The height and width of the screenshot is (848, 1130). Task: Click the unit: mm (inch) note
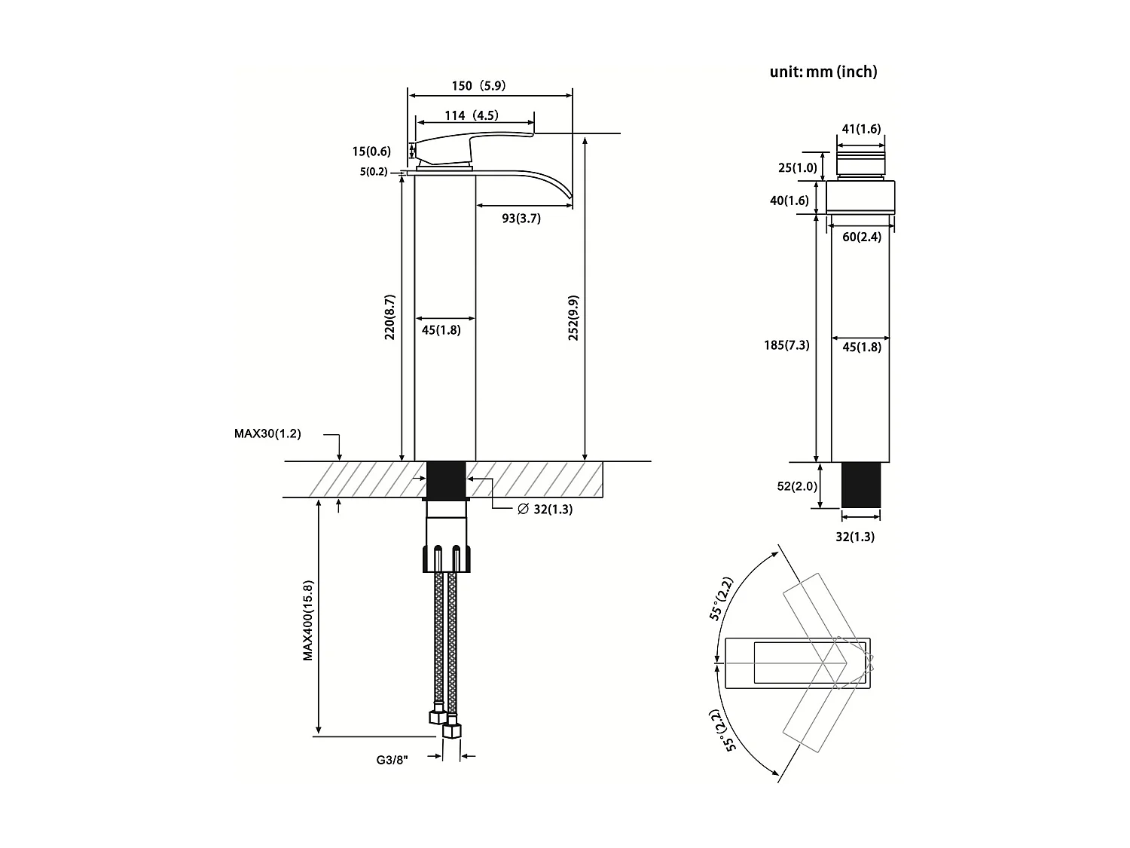[823, 72]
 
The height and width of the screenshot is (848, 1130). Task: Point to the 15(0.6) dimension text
[371, 152]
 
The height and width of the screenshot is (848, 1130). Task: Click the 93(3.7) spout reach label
[521, 219]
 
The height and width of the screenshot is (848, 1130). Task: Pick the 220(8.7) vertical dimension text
[389, 317]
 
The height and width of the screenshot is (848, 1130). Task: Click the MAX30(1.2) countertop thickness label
[267, 433]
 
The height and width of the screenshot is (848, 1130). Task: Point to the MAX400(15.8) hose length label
[308, 620]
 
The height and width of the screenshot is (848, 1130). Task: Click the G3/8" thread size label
[392, 761]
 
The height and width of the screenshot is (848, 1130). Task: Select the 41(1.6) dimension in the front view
[860, 129]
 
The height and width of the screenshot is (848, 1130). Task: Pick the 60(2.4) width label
[861, 237]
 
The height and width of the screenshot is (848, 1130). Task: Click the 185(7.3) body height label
[786, 345]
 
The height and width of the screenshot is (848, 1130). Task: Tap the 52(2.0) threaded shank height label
[797, 486]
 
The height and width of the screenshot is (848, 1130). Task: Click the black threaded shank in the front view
[860, 485]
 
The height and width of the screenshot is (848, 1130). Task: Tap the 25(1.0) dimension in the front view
[797, 167]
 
